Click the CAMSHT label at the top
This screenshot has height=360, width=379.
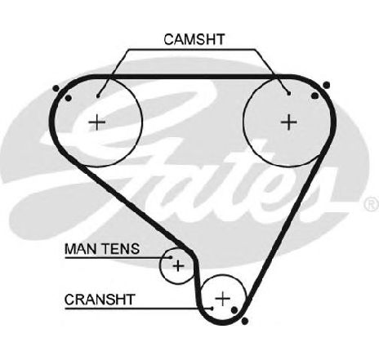coord(194,39)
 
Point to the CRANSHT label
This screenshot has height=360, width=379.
coord(100,300)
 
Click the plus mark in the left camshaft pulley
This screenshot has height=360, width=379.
coord(97,122)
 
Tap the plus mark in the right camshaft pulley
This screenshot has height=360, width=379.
coord(288,122)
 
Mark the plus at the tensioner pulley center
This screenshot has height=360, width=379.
coord(178,265)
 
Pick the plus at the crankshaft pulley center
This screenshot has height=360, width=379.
coord(223,299)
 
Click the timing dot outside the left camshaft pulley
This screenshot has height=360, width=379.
coord(56,88)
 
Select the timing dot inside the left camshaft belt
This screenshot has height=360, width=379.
coord(69,98)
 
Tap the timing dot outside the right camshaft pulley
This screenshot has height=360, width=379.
coord(327,86)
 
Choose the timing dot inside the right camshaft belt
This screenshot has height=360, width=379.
coord(314,96)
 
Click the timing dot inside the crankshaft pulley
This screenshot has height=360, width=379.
coord(234,309)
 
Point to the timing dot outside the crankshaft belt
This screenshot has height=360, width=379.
coord(245,321)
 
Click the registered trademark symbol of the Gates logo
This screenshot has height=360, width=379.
coord(372,204)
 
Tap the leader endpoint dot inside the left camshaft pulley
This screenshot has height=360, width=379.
coord(98,96)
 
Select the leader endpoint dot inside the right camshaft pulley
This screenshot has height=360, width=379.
coord(289,94)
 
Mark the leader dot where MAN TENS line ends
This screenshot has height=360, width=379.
coord(171,257)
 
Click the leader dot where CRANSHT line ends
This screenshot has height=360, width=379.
coord(212,309)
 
